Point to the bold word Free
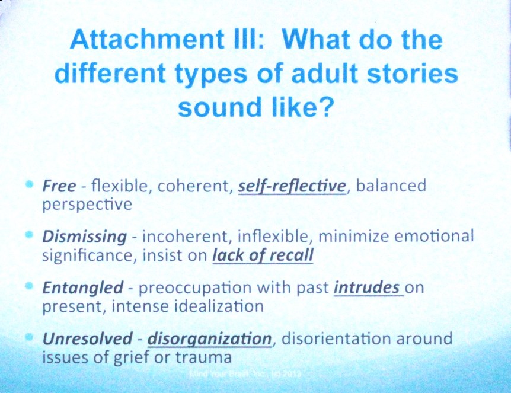pos(59,186)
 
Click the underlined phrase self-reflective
pos(291,187)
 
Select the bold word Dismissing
pos(84,238)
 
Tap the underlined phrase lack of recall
pos(263,256)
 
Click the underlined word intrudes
pos(367,288)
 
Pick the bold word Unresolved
pos(87,340)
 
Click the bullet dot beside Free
pos(29,186)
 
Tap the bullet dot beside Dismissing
pos(29,237)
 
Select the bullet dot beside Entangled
pos(29,287)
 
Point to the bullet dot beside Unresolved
pos(29,338)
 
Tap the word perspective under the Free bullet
pos(87,205)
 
